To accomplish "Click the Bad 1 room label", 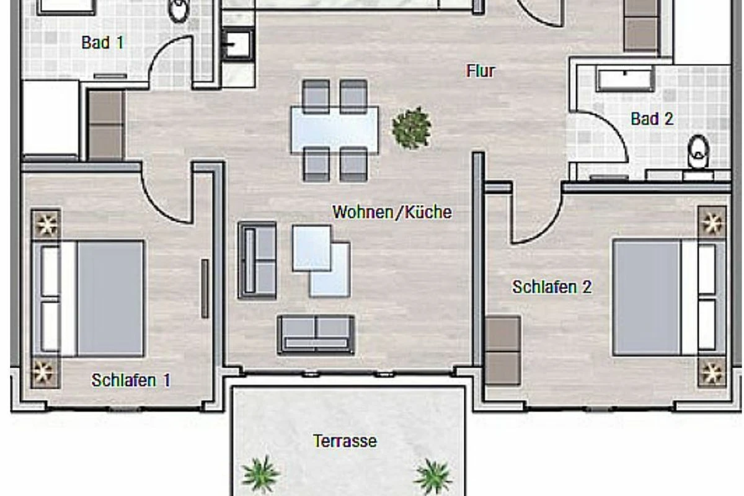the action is (x=103, y=43).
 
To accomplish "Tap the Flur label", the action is (x=480, y=71).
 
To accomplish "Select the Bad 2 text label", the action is (x=652, y=118).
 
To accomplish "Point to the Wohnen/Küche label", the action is (x=392, y=212).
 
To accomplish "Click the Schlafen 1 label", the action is (x=131, y=380).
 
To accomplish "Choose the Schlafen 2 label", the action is (x=552, y=286).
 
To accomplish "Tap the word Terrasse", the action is (x=345, y=441).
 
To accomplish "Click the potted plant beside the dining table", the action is (x=412, y=128).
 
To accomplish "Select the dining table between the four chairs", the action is (x=334, y=130).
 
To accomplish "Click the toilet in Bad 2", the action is (x=699, y=151).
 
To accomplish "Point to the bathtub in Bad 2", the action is (x=625, y=79).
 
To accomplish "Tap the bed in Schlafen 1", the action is (x=88, y=299).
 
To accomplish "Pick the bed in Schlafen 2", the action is (x=669, y=298).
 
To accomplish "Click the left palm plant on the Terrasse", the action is (x=260, y=474).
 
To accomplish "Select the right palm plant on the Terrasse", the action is (x=433, y=477).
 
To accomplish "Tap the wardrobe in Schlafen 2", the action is (x=503, y=351).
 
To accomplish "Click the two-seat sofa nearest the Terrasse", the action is (x=316, y=335).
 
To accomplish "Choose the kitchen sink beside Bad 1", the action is (x=238, y=45).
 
